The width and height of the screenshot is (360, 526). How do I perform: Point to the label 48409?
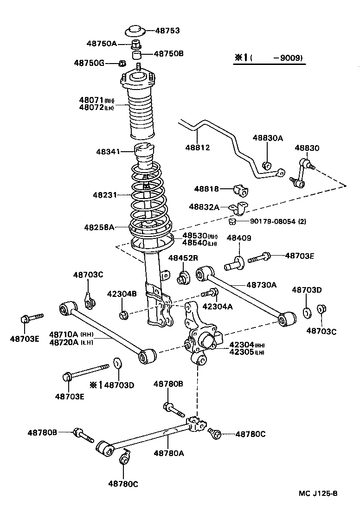[239, 238]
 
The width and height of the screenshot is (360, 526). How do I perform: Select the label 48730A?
[261, 285]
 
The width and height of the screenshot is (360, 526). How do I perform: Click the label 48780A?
[169, 453]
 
